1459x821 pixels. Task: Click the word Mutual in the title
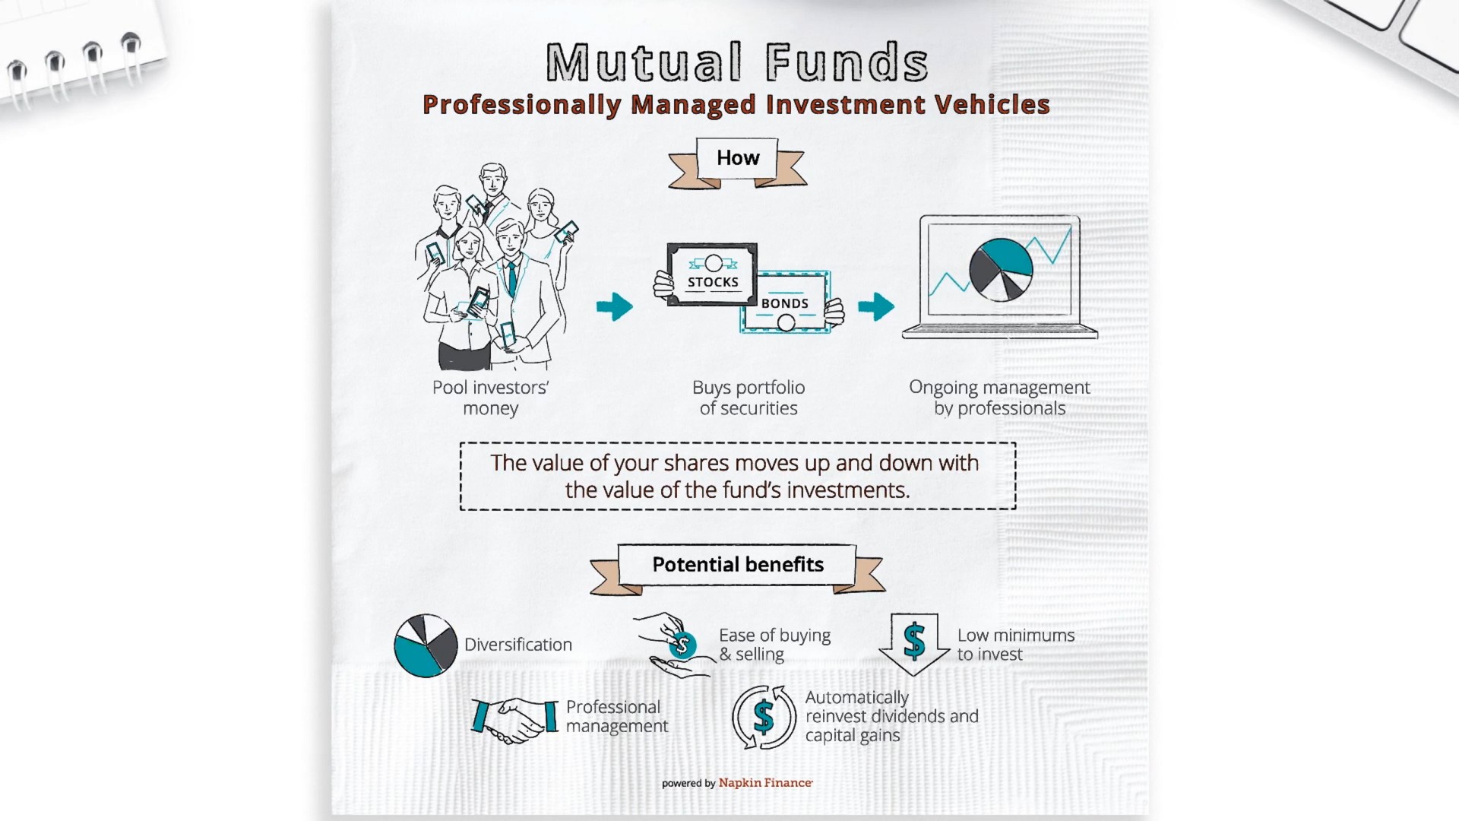(x=643, y=62)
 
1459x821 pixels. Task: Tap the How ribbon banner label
(x=738, y=158)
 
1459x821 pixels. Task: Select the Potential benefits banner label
(x=738, y=565)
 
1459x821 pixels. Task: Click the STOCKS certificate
(x=712, y=274)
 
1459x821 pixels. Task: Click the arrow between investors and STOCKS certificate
(x=615, y=306)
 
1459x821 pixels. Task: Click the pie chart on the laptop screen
(x=1000, y=270)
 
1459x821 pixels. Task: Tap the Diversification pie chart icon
(x=426, y=645)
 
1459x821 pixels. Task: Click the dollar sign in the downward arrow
(x=914, y=641)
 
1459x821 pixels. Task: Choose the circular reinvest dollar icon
(x=764, y=717)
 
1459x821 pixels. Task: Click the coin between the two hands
(x=682, y=645)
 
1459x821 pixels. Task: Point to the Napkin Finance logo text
(x=765, y=783)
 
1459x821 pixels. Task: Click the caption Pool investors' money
(x=491, y=398)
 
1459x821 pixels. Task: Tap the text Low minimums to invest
(x=1015, y=645)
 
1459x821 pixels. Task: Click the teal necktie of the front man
(x=512, y=277)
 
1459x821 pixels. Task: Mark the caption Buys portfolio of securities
(x=748, y=398)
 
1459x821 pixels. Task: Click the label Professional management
(x=616, y=716)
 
